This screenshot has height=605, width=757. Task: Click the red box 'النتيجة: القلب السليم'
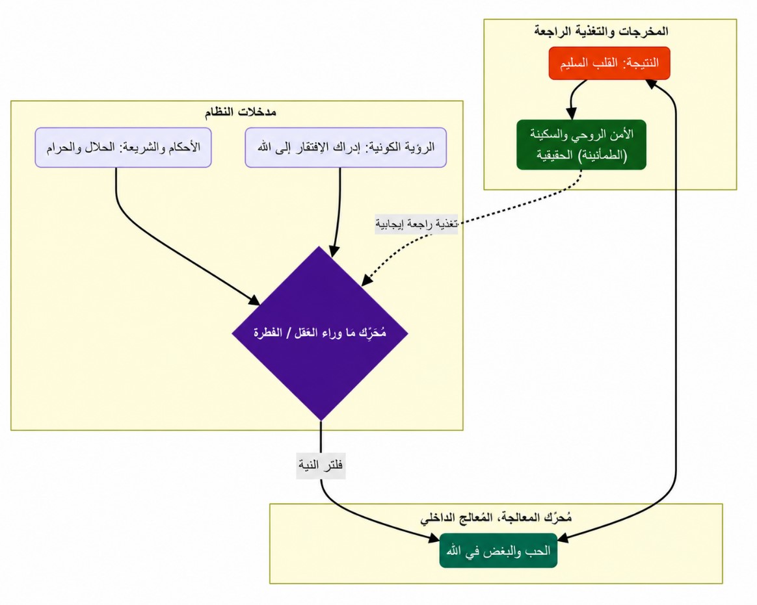609,63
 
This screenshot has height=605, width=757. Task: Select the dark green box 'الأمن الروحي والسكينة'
581,145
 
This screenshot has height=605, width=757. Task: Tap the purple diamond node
320,333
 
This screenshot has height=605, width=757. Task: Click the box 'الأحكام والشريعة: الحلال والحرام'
123,148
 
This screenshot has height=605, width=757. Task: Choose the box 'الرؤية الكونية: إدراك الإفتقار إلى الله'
346,148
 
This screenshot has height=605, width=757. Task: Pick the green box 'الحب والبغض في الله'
498,551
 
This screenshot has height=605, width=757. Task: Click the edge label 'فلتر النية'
321,465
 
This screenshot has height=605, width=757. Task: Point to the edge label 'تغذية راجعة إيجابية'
416,224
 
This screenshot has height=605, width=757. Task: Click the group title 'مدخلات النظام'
241,112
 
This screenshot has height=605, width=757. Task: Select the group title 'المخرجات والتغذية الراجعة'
602,31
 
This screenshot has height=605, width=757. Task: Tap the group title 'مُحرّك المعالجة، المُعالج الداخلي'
496,518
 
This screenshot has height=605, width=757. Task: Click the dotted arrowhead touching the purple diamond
367,280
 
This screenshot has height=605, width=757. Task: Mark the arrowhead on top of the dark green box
572,114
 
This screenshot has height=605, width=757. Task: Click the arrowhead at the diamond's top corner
334,251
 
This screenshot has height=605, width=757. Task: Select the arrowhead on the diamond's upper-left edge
254,300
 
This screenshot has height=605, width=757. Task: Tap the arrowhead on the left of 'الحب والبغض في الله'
434,539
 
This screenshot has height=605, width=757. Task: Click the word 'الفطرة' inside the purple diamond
267,333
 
